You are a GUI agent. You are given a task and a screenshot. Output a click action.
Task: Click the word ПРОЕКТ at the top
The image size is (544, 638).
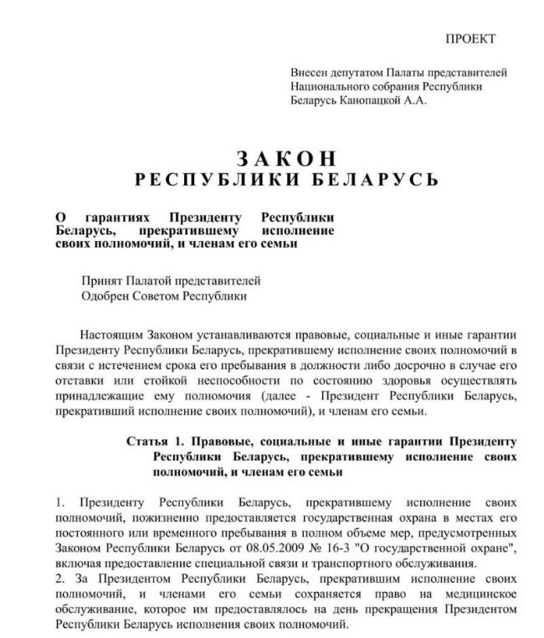pyautogui.click(x=470, y=39)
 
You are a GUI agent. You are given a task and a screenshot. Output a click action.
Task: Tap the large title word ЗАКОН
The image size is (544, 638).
pyautogui.click(x=286, y=159)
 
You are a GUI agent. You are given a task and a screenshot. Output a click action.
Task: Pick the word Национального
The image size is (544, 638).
pyautogui.click(x=331, y=86)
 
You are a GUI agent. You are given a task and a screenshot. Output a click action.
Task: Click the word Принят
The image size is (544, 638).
pyautogui.click(x=102, y=280)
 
